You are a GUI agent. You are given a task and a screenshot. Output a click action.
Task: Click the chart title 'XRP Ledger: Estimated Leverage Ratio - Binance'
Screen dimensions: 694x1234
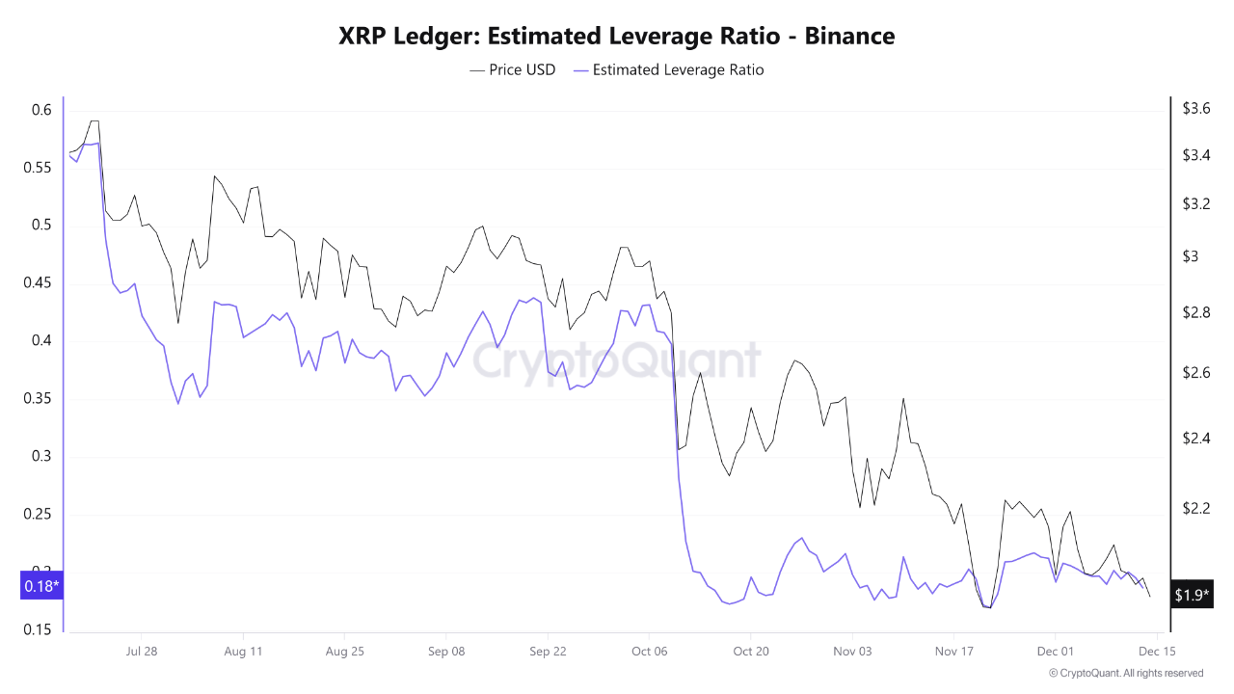click(x=617, y=37)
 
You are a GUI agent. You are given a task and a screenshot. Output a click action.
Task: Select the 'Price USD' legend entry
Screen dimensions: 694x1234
click(x=513, y=69)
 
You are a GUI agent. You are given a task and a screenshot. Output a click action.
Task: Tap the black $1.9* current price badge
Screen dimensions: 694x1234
click(x=1191, y=596)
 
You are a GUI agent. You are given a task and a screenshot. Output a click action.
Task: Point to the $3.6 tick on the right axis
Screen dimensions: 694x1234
click(x=1196, y=109)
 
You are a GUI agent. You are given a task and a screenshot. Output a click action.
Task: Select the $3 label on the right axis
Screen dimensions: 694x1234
click(x=1190, y=256)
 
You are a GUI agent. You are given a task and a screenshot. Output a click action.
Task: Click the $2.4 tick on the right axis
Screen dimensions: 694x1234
click(x=1196, y=439)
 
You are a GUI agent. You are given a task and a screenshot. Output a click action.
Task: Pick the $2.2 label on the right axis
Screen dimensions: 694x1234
click(x=1196, y=508)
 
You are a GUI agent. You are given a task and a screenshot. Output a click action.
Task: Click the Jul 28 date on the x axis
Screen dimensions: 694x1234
click(x=142, y=652)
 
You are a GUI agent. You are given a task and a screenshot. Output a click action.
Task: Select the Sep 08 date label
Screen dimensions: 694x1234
click(x=445, y=652)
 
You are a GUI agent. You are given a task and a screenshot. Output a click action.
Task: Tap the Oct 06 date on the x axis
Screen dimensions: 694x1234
click(x=649, y=652)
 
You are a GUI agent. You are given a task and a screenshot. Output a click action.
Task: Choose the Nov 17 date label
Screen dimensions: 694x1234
click(x=953, y=652)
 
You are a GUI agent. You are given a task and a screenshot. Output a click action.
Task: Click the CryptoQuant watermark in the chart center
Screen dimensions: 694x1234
click(x=617, y=361)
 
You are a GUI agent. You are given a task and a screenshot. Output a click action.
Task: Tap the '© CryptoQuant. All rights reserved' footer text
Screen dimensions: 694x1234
click(x=1126, y=673)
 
